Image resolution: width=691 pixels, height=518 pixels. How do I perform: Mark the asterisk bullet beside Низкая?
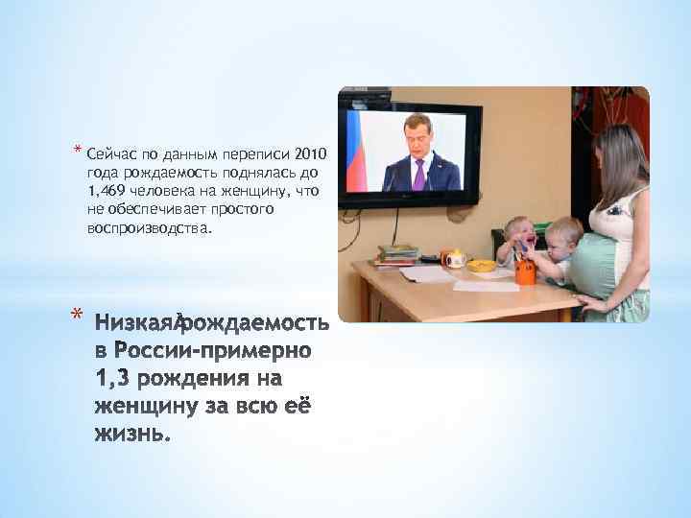(x=77, y=314)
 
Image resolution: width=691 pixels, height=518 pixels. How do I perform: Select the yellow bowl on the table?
(x=482, y=263)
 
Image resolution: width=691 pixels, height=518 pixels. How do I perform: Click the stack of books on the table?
(x=396, y=255)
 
